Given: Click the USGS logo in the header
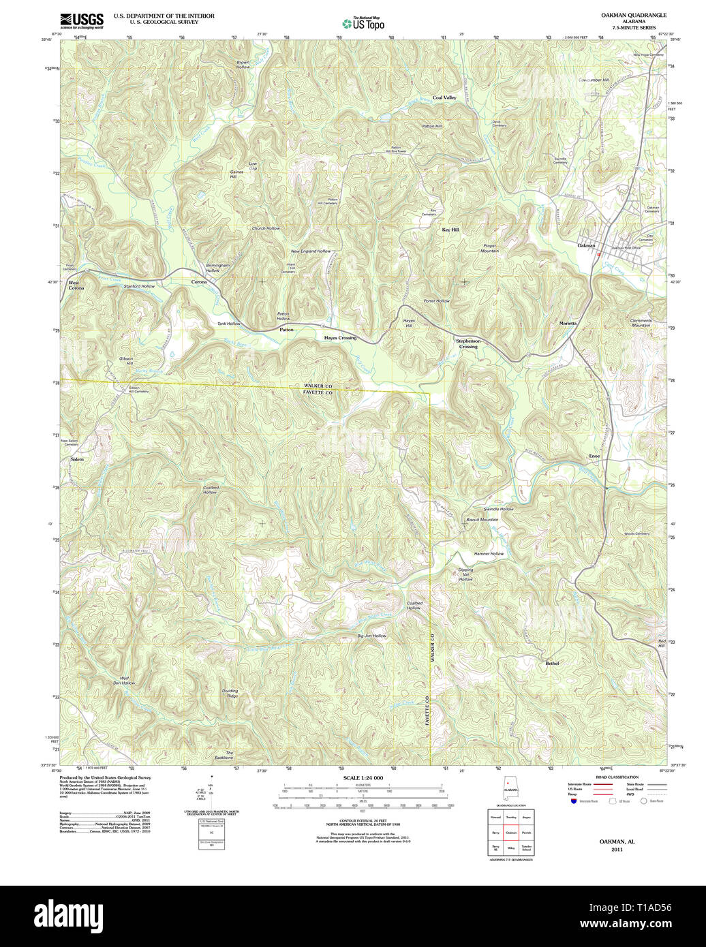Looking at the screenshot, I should tap(82, 20).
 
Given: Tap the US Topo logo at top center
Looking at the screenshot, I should tap(363, 23).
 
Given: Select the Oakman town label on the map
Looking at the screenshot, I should tap(586, 245).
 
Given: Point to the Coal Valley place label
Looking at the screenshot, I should tap(444, 98).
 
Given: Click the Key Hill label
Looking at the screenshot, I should tap(450, 230).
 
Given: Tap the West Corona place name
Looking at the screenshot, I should tap(75, 285).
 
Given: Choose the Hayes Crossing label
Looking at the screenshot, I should tap(340, 338).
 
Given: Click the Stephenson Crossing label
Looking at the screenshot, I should tap(468, 343).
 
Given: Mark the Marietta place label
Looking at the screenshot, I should tap(568, 323).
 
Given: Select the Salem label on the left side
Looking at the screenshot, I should tap(77, 460).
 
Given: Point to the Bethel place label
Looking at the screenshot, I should tap(552, 663).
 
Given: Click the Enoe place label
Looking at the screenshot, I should tap(594, 455).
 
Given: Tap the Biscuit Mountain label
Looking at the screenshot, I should tap(482, 520).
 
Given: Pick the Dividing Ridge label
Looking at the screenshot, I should tap(230, 694).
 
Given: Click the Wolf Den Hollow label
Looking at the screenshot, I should tap(125, 680).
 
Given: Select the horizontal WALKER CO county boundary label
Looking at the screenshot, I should tap(318, 386).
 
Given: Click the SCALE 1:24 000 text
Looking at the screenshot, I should tap(363, 778).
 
